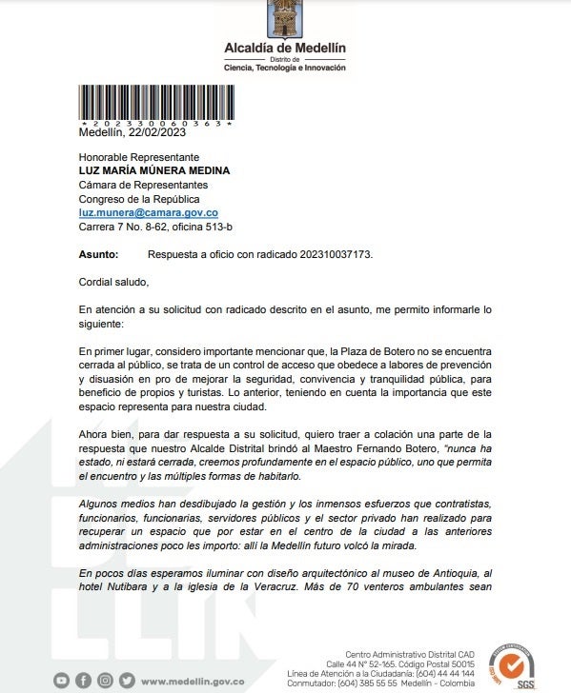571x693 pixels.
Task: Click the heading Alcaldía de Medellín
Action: [x=285, y=47]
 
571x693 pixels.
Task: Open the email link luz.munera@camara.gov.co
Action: [x=149, y=213]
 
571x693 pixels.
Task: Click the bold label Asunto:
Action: [x=99, y=255]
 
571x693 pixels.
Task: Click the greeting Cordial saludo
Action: [x=113, y=282]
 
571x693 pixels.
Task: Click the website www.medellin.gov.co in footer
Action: [x=193, y=681]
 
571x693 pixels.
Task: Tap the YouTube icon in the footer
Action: [x=62, y=681]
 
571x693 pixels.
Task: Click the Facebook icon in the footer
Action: [x=83, y=681]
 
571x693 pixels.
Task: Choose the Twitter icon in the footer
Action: [x=125, y=681]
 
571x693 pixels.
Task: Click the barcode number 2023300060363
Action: [x=156, y=124]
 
